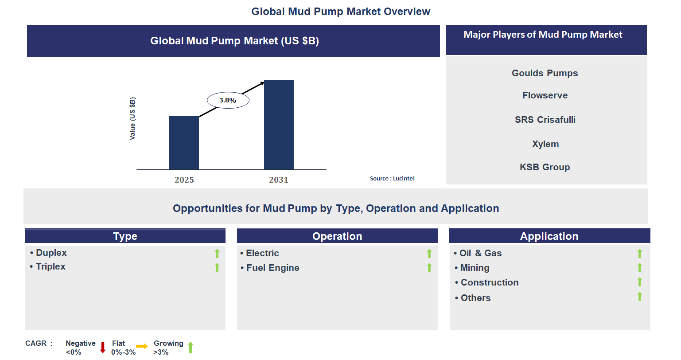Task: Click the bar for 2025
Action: coord(184,142)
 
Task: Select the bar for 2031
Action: coord(279,125)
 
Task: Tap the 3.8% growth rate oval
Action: coord(228,100)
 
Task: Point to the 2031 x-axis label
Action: coord(279,180)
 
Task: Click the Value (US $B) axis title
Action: coord(132,118)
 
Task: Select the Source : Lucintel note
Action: coord(392,178)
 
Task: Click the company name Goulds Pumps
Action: coord(545,73)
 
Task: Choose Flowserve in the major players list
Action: coord(545,95)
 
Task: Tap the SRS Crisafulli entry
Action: coord(545,120)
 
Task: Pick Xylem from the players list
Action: coord(545,144)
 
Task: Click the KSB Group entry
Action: coord(545,167)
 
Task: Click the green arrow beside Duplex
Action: coord(217,253)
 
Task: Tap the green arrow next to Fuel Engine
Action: coord(429,268)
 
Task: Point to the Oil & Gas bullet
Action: coord(478,253)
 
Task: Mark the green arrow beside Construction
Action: coord(639,282)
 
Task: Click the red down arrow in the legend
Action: coord(103,347)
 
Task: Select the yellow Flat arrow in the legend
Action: coord(142,346)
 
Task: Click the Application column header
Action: coord(549,236)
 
